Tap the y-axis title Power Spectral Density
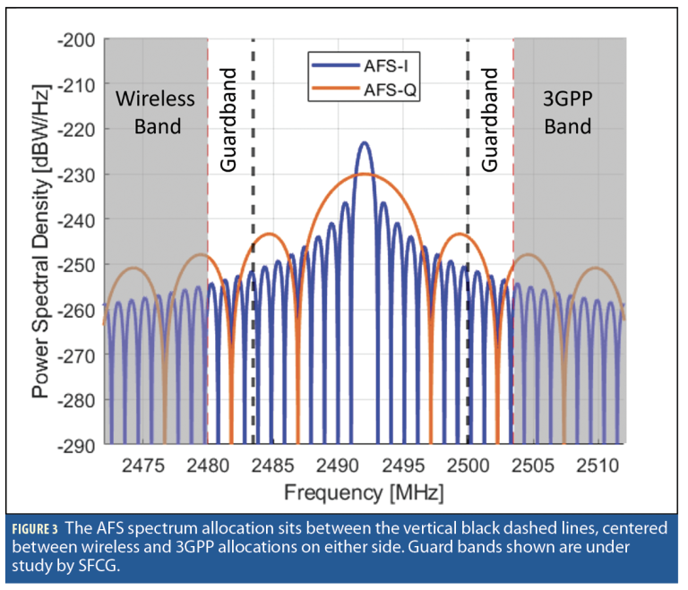tap(40, 242)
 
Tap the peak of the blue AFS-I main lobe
tap(364, 143)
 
